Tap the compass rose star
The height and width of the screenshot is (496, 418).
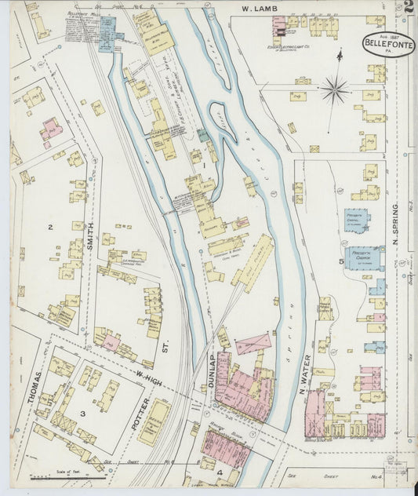[335, 90]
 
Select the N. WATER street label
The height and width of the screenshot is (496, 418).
[303, 369]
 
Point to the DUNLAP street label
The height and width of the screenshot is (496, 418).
[210, 369]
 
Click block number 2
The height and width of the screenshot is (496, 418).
[49, 228]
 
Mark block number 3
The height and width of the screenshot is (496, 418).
[82, 410]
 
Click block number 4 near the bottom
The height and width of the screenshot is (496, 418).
[220, 472]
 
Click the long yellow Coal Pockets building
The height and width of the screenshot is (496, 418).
[253, 263]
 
